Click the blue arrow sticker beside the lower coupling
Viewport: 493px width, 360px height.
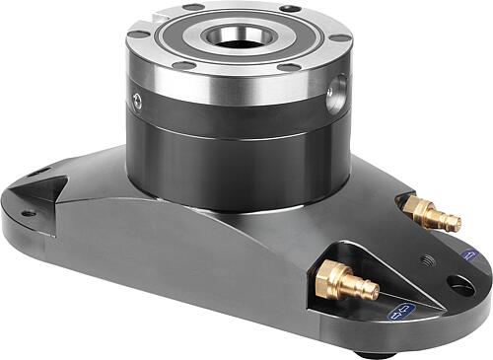400,314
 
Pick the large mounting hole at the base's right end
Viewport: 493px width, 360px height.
459,285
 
